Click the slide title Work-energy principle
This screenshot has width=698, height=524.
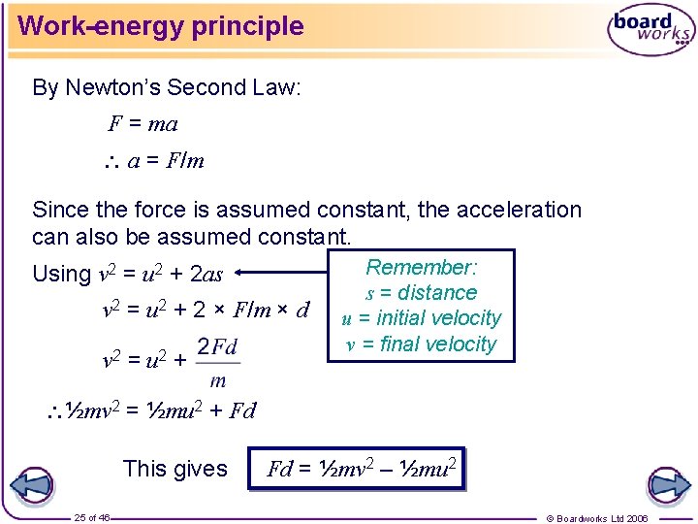click(x=161, y=26)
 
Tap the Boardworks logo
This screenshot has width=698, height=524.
click(x=651, y=31)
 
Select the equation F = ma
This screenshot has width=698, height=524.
click(x=143, y=124)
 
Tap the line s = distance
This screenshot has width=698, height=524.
click(x=421, y=293)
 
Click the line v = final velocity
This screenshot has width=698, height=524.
click(x=421, y=344)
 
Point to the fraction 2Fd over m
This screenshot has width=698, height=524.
click(x=218, y=362)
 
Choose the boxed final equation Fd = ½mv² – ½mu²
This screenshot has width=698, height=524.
click(x=357, y=470)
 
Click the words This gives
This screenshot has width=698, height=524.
click(x=175, y=469)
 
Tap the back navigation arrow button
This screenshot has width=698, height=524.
click(x=31, y=484)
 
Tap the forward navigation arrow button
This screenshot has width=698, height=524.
click(x=667, y=484)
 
